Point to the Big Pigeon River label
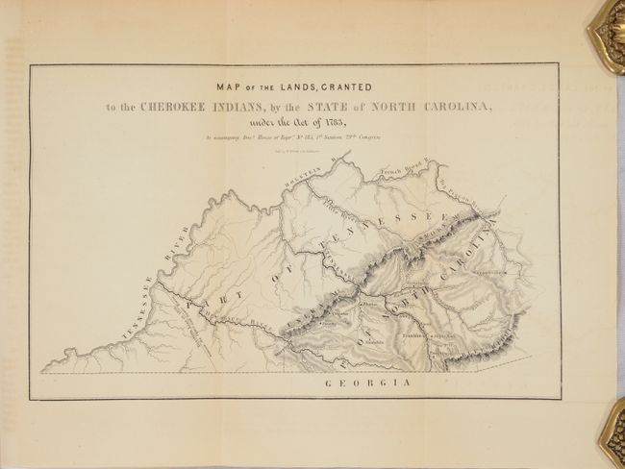click(462, 191)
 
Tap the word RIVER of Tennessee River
click(176, 236)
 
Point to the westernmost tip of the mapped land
click(43, 369)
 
